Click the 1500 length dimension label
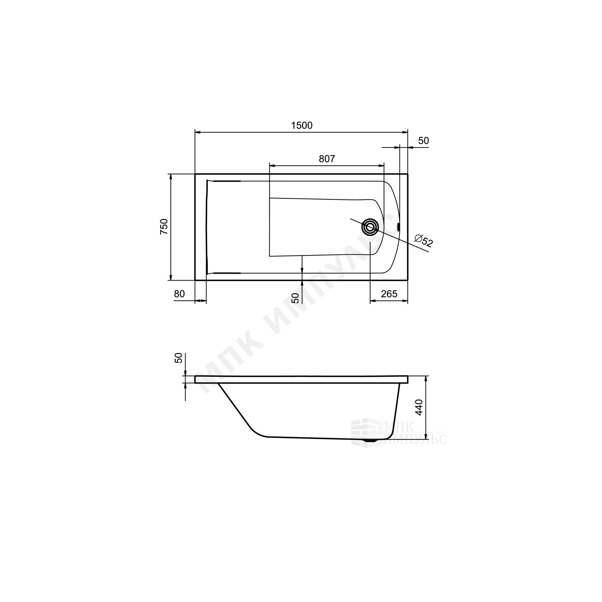(x=302, y=125)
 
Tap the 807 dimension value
(x=327, y=159)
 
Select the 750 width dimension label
(x=164, y=227)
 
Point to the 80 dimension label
(x=179, y=294)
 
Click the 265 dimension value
(x=389, y=294)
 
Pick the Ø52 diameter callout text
(x=424, y=241)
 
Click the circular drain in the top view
(x=370, y=227)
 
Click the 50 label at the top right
(x=424, y=141)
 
